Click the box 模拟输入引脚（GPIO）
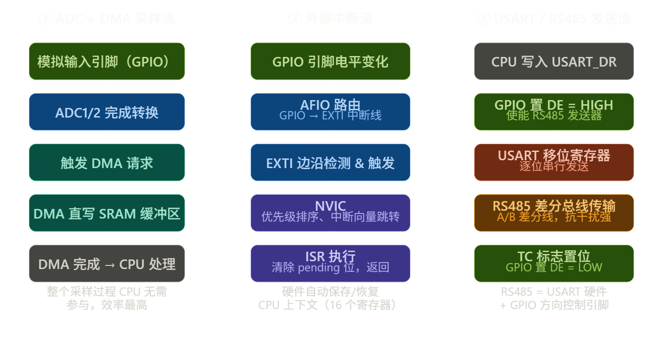coord(106,62)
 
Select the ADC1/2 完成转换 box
coord(106,112)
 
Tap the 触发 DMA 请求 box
coord(106,163)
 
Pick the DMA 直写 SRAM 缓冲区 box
coord(106,213)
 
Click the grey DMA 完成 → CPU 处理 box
coord(106,264)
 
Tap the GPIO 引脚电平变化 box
coord(330,62)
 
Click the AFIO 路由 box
coord(330,112)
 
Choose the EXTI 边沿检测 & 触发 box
coord(330,163)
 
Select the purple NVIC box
coord(330,213)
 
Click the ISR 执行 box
coord(330,264)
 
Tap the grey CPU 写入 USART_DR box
coord(554,62)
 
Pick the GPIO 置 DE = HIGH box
coord(554,112)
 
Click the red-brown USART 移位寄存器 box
coord(554,163)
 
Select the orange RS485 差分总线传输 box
coord(554,213)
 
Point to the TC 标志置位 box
coord(554,264)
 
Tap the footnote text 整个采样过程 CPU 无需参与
coord(106,298)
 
